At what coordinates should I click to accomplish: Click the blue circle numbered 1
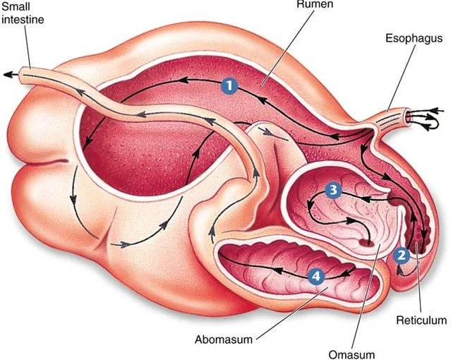229,85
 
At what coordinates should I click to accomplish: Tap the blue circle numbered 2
401,255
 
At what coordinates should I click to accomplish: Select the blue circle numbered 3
333,190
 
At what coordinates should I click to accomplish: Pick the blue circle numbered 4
316,276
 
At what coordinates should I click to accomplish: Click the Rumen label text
315,4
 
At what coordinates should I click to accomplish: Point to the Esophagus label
414,38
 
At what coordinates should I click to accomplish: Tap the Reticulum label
421,320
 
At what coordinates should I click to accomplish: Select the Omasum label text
351,354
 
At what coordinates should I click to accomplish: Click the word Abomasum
224,340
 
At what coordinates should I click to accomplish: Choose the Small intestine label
23,13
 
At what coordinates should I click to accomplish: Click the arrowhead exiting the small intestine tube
8,75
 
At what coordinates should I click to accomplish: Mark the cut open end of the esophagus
409,117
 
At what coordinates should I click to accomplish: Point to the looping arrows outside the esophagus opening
425,119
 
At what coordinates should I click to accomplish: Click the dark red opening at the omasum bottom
366,242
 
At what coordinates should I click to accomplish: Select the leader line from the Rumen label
287,48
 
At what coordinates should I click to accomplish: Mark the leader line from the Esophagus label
401,78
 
